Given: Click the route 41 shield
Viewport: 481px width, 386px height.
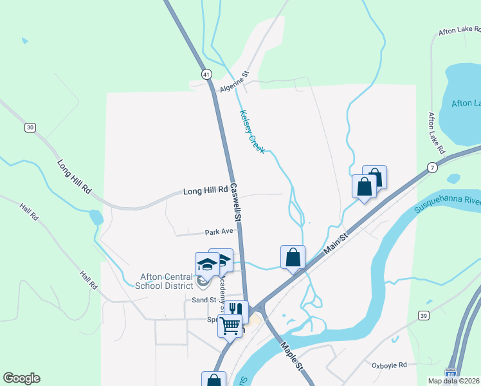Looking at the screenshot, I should point(206,75).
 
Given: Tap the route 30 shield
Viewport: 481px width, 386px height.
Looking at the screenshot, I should point(30,127).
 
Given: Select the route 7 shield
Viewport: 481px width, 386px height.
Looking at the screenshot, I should point(432,167).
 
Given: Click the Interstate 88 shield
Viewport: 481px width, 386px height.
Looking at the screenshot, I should point(452,373).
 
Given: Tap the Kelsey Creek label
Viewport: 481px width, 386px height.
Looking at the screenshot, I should point(252,131).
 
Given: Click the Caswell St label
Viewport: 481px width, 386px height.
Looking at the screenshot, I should point(236,204).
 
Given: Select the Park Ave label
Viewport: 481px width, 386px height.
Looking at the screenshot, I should point(218,232).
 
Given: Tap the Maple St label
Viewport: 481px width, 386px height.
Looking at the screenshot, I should point(291,355).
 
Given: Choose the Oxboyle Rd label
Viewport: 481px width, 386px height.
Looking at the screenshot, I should point(390,365).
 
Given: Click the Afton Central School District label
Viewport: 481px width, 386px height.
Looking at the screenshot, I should point(167,282).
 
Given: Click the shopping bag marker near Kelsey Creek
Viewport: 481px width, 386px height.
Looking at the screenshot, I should point(293,257).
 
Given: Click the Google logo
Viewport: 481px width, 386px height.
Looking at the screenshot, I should point(21,378).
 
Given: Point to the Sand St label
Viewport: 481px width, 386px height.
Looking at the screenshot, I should point(203,300).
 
